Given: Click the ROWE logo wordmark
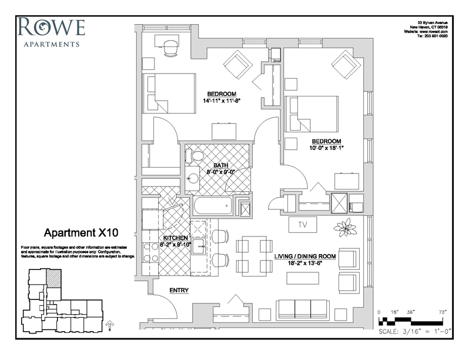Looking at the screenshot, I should [x=52, y=27].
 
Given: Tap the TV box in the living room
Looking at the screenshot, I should [x=303, y=224].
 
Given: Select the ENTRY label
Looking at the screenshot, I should [x=179, y=291].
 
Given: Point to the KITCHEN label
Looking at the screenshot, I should [x=175, y=238].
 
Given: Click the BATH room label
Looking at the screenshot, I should [x=220, y=166].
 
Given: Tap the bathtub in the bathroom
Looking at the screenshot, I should [x=213, y=208].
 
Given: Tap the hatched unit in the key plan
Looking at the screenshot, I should [x=53, y=278].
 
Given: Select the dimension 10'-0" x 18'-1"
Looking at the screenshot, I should [x=326, y=148].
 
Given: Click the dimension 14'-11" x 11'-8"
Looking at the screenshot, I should [x=221, y=101].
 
